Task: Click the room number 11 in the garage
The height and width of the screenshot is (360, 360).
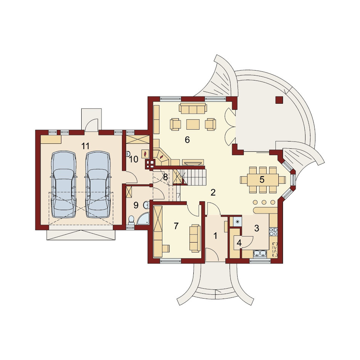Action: click(x=85, y=146)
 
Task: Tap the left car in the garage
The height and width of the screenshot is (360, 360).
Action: click(x=64, y=184)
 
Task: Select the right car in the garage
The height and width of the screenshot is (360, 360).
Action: click(x=98, y=184)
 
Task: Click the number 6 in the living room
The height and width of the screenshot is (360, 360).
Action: click(x=187, y=140)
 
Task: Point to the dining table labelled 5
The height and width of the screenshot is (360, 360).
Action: click(x=263, y=180)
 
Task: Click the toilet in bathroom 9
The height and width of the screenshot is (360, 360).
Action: click(x=131, y=220)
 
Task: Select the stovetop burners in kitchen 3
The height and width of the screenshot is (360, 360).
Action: click(x=273, y=231)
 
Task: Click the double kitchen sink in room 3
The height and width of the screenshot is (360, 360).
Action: click(x=260, y=254)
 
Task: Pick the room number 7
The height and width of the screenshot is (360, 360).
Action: click(x=176, y=226)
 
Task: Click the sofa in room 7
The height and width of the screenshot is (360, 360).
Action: click(x=195, y=238)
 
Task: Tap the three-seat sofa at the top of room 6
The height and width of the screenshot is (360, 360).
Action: click(x=193, y=108)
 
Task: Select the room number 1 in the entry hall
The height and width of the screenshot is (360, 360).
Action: click(x=215, y=236)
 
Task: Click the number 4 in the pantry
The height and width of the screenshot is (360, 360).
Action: click(x=239, y=243)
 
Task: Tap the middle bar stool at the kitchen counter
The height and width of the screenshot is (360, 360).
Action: click(x=264, y=202)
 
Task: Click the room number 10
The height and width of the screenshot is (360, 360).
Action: click(x=133, y=159)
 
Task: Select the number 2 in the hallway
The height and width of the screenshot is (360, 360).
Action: click(x=213, y=193)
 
